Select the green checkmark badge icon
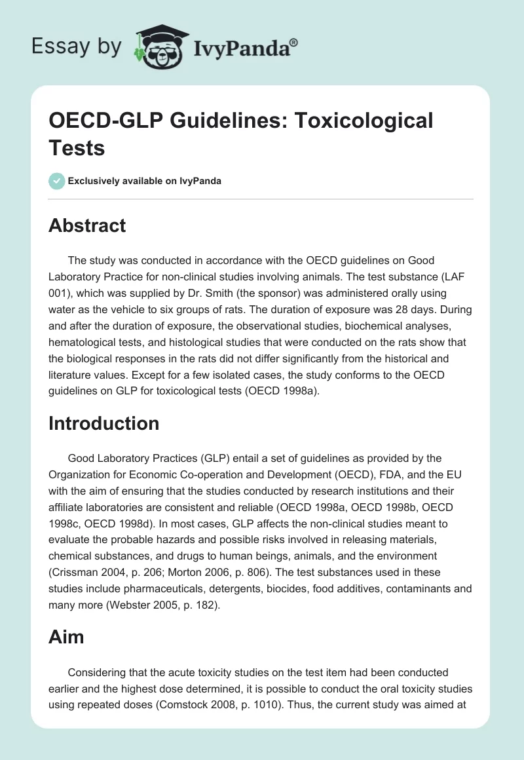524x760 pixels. [x=57, y=181]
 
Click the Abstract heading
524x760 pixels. [x=87, y=225]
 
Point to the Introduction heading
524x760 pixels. [x=103, y=423]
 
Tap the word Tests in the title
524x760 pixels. [x=77, y=147]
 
